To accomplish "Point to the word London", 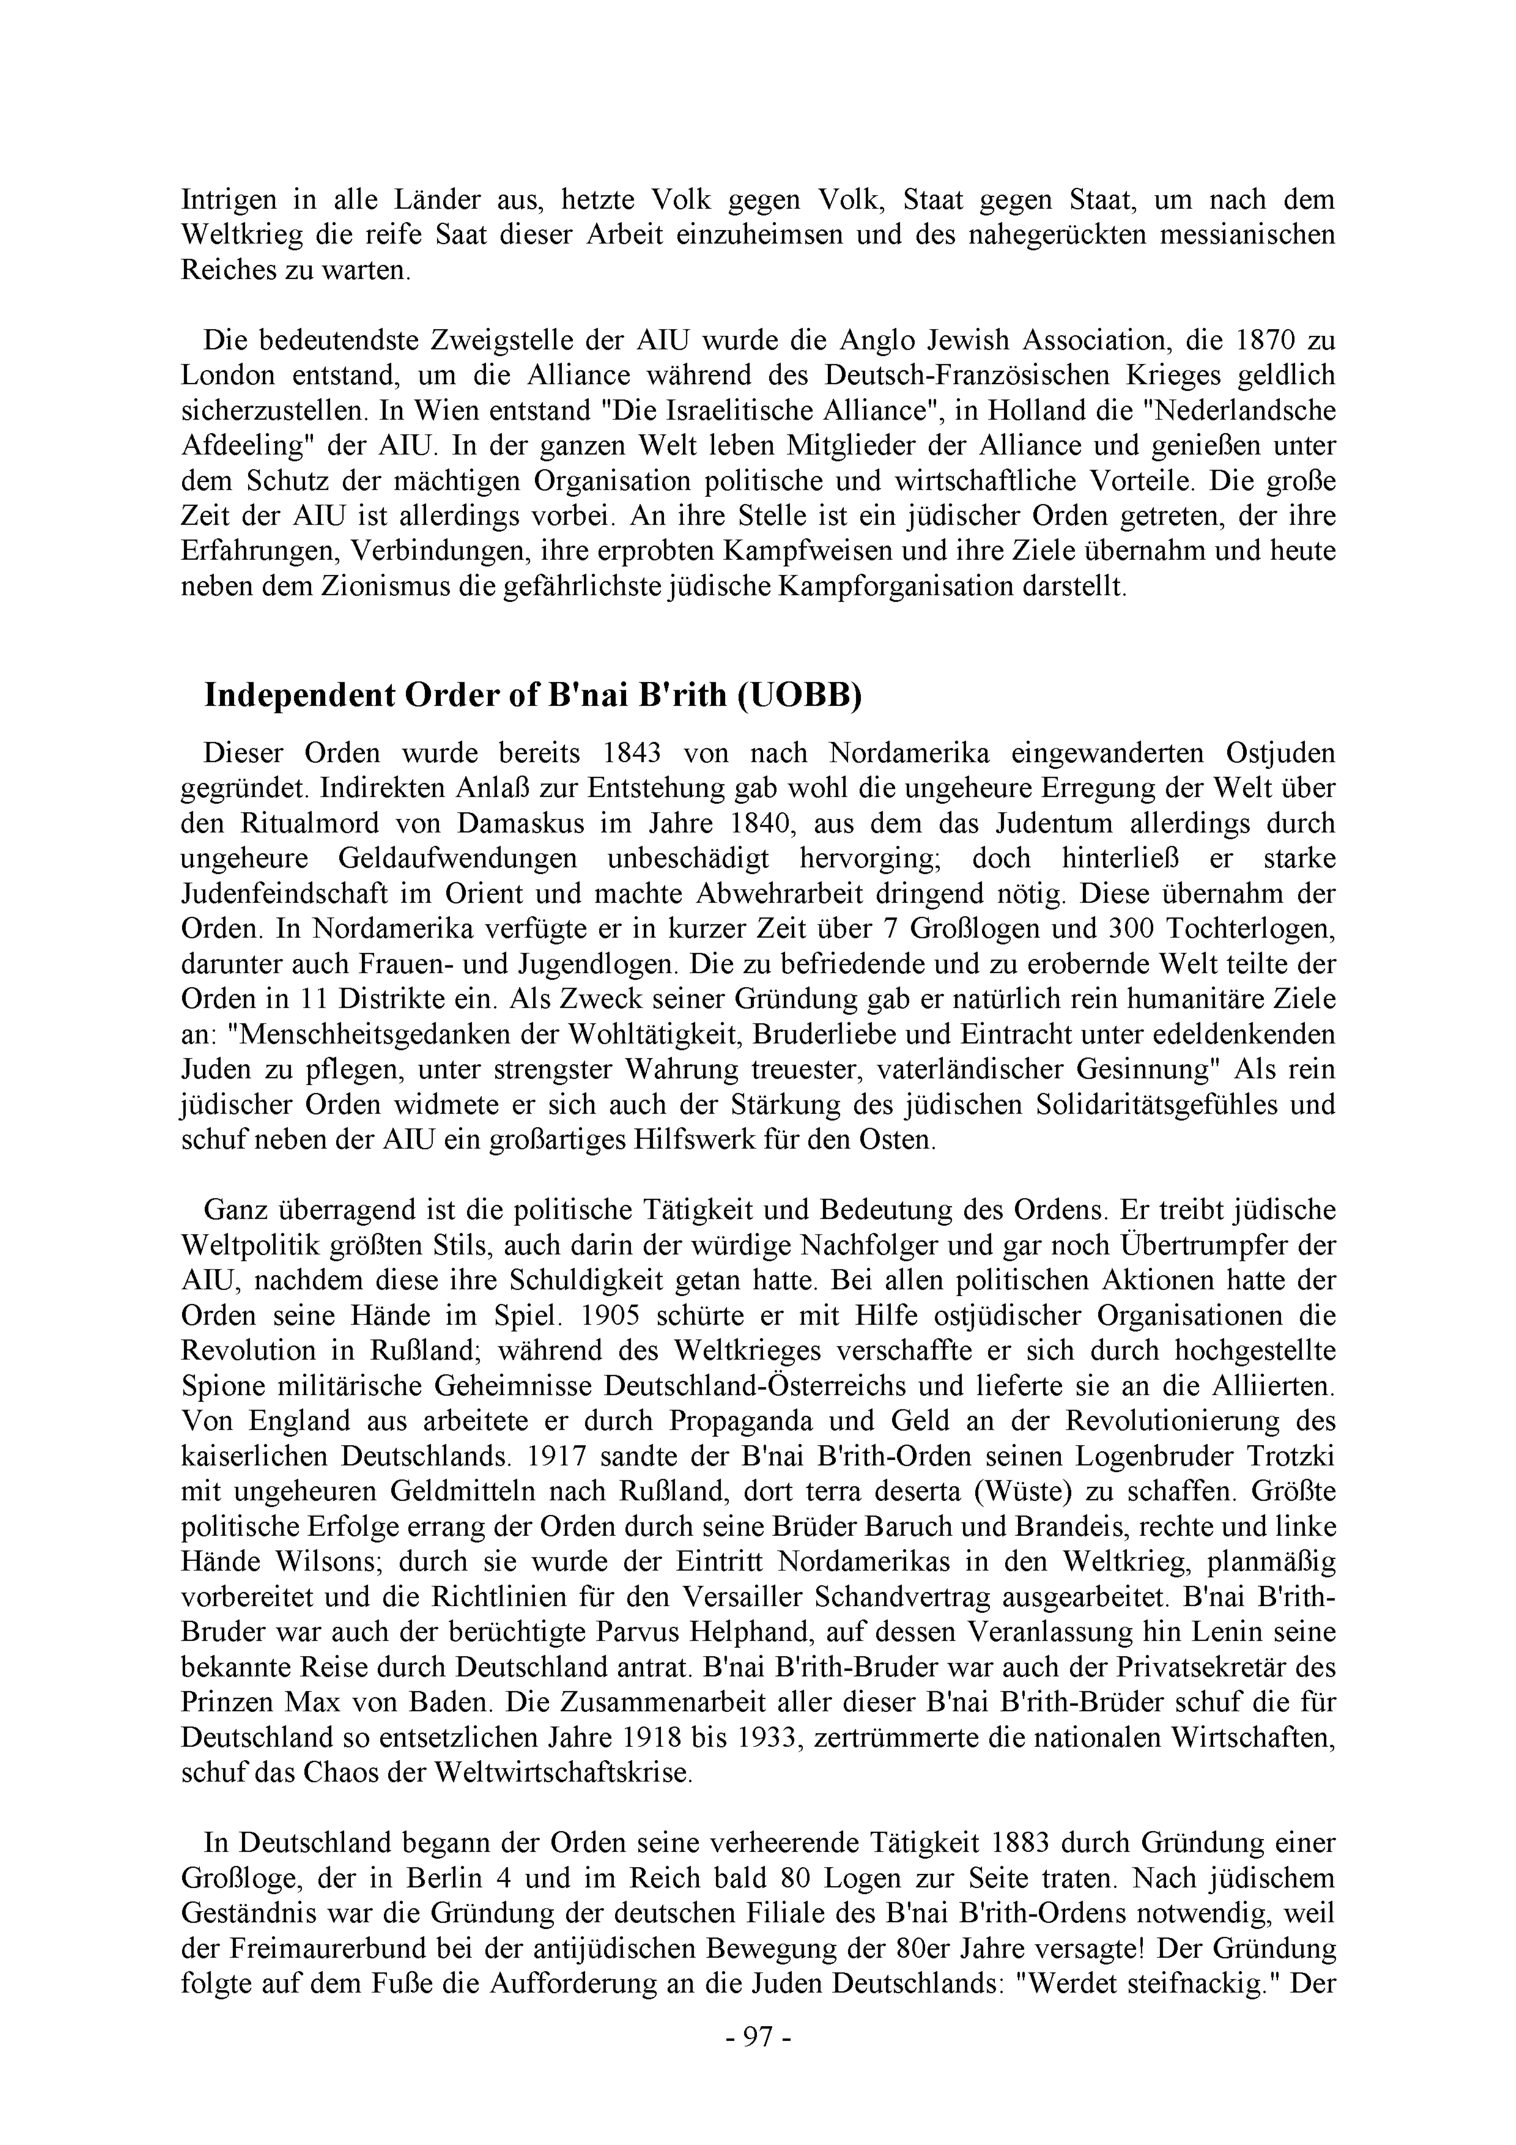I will (228, 375).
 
